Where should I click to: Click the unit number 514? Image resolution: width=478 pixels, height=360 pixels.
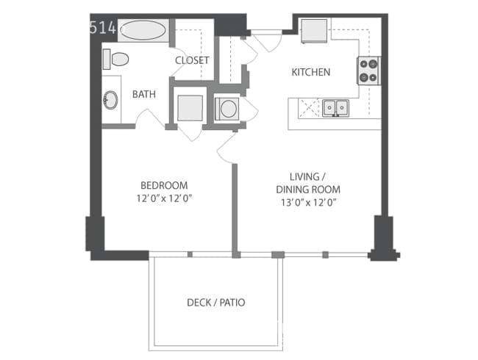[103, 27]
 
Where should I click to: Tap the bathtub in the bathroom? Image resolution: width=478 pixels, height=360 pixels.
[143, 30]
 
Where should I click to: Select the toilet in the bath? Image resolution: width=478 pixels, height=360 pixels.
[116, 60]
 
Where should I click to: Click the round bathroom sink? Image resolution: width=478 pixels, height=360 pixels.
[110, 100]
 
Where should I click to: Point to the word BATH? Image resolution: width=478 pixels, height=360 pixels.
[144, 95]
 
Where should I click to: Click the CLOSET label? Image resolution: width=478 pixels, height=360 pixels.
[192, 60]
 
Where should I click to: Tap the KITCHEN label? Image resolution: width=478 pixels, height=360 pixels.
[311, 72]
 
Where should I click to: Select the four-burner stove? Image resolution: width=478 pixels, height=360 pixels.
[368, 71]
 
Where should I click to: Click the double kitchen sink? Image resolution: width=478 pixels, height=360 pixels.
[335, 107]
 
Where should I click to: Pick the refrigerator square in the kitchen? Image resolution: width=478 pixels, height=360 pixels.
[314, 31]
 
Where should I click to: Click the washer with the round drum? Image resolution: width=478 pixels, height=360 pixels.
[227, 109]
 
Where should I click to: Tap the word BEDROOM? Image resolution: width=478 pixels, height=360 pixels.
[164, 185]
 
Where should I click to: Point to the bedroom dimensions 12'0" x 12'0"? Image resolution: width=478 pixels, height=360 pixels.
[164, 198]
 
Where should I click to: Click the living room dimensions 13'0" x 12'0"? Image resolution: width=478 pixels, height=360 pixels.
[309, 203]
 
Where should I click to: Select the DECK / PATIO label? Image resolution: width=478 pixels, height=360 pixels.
[215, 303]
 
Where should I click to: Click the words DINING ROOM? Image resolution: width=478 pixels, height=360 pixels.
[308, 190]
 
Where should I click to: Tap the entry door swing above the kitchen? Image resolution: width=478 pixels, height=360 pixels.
[268, 41]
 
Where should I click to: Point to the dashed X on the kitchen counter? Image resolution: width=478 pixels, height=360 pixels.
[309, 107]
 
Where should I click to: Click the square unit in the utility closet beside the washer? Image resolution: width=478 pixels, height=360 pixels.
[190, 108]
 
